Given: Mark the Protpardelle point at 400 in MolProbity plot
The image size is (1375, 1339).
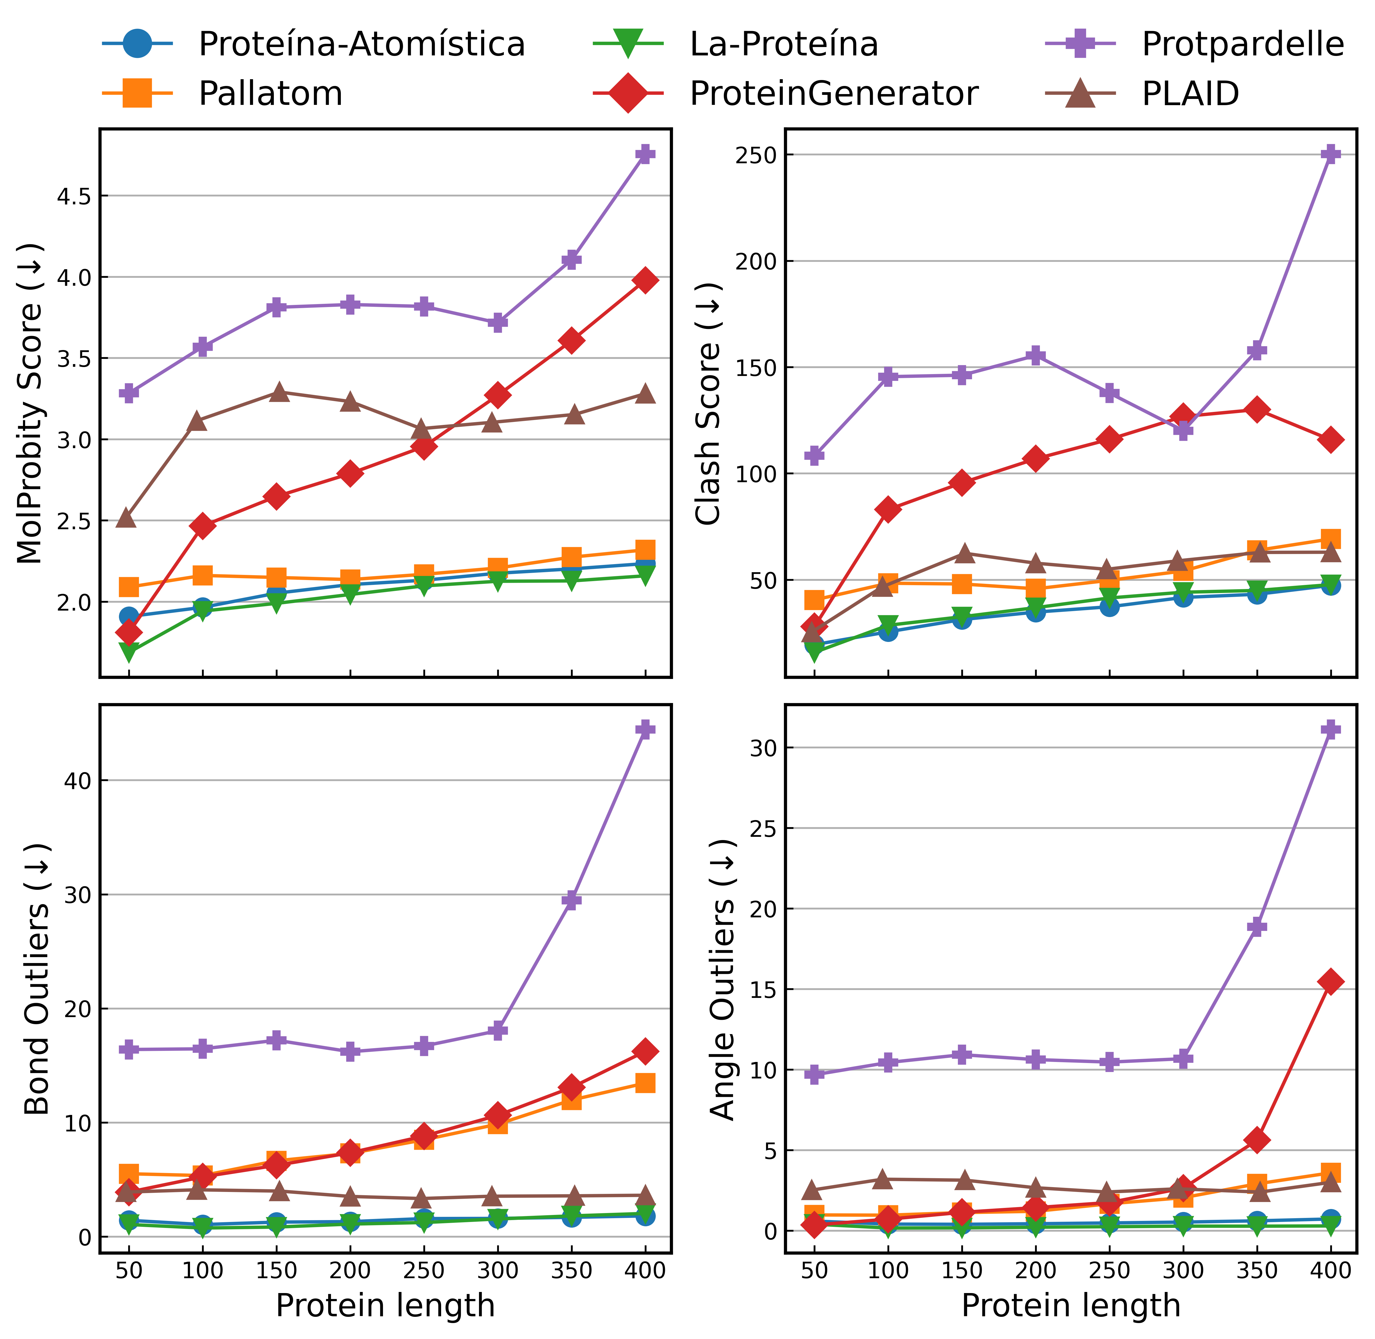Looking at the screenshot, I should [645, 155].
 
